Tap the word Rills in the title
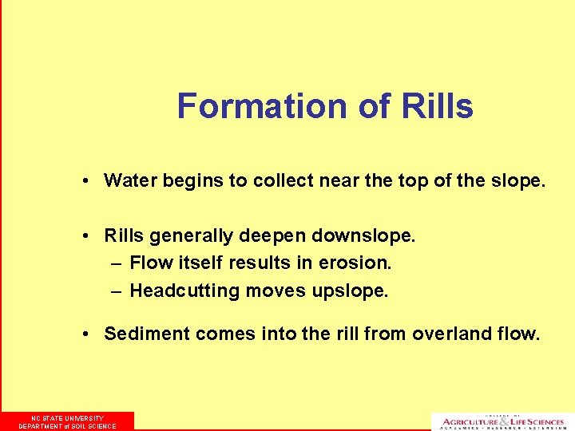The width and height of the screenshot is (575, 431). tap(438, 106)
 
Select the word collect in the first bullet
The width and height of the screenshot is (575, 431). tap(280, 180)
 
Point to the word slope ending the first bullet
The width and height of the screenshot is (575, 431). tap(519, 180)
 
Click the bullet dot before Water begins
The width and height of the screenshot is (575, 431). tap(85, 181)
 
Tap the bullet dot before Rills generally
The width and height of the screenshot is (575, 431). tap(85, 236)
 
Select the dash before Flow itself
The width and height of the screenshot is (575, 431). tap(116, 263)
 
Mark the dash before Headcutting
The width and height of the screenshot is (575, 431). tap(116, 291)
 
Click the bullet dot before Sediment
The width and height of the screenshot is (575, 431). tap(85, 334)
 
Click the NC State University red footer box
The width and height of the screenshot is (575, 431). tap(67, 421)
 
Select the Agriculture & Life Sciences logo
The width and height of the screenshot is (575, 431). tap(502, 421)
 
